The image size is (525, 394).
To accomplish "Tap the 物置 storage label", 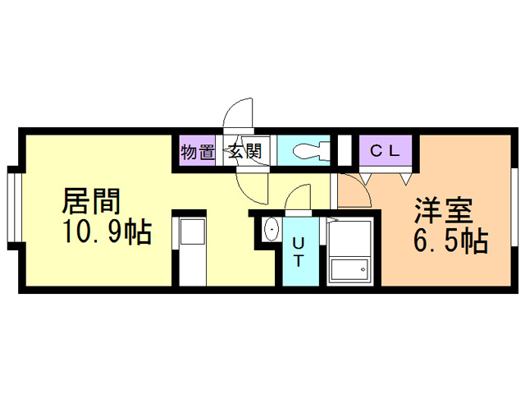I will coord(197,152).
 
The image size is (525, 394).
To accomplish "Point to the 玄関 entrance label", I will coord(244,152).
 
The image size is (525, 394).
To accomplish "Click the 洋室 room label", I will coord(442,211).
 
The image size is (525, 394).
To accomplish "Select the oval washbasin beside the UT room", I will coord(271,230).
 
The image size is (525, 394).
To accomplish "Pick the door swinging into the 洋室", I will coord(353,189).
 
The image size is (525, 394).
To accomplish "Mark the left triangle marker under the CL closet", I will coord(364,175).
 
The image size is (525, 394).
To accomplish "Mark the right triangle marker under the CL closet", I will coord(404,175).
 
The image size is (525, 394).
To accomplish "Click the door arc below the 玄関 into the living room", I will coord(251,186).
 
